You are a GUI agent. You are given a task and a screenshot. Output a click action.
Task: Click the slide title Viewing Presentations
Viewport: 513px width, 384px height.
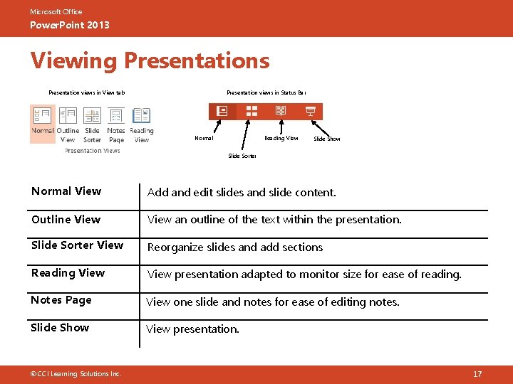click(150, 61)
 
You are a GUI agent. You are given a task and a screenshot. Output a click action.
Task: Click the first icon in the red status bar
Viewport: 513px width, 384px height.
click(222, 111)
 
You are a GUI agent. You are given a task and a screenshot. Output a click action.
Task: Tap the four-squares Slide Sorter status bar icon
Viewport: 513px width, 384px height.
click(252, 111)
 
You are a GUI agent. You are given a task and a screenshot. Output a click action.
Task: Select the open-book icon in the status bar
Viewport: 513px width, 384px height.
click(281, 111)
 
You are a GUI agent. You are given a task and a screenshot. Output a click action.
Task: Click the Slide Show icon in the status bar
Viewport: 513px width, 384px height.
click(310, 111)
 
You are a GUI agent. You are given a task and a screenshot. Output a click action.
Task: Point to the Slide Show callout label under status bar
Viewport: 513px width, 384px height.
click(327, 139)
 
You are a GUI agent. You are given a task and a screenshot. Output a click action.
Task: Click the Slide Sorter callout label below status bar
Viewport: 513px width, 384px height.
click(242, 156)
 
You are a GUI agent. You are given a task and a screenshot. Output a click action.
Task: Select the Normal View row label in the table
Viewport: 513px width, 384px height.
click(66, 191)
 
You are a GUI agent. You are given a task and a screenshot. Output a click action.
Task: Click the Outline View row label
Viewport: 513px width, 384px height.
click(66, 220)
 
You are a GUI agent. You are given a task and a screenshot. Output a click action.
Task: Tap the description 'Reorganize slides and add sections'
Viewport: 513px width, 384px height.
click(235, 247)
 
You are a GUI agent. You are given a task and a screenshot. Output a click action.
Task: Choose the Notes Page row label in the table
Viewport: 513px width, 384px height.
click(61, 300)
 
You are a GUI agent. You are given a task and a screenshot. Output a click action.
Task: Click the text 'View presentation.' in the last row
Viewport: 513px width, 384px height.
click(192, 329)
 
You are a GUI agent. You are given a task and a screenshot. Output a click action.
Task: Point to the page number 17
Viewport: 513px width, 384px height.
click(477, 374)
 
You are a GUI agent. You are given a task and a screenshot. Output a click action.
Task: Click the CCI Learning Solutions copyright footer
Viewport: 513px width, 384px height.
click(76, 374)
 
